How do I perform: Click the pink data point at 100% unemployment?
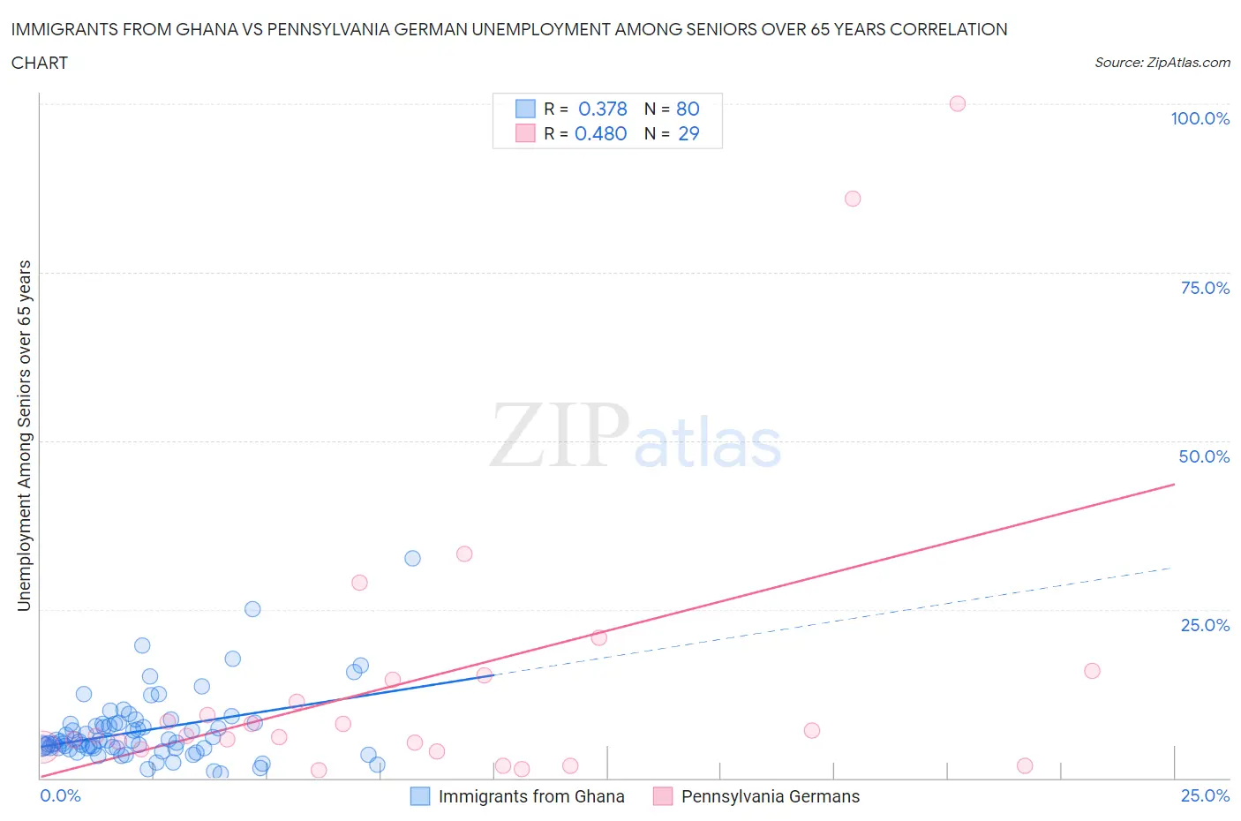point(958,103)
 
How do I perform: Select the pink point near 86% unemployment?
point(853,199)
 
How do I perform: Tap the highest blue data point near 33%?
point(412,558)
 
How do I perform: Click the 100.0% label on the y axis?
point(1200,118)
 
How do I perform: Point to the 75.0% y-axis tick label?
point(1205,288)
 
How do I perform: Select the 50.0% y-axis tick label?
point(1204,456)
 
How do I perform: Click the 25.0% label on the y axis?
point(1205,625)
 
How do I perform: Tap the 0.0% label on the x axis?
point(61,795)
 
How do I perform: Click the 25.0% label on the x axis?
point(1205,795)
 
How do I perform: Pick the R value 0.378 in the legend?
point(602,109)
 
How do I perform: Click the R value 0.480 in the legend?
point(600,133)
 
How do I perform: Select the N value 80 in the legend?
point(688,109)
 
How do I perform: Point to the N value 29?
point(688,133)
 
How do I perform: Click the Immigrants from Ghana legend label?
point(530,796)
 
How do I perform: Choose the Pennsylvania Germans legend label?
point(770,796)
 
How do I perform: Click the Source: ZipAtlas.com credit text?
point(1162,63)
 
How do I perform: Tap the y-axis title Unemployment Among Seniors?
point(25,435)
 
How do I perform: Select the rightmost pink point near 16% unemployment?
point(1092,671)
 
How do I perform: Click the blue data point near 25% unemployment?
point(252,609)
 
